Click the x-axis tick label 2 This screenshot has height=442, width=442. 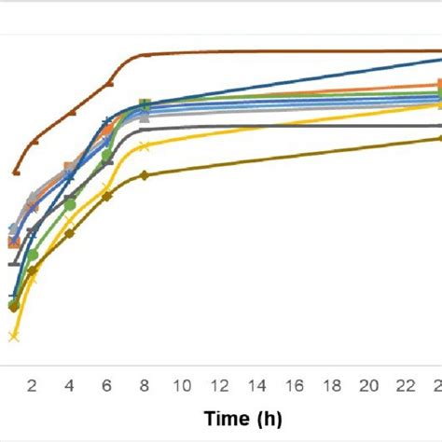[33, 386]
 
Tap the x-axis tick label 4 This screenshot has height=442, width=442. [70, 386]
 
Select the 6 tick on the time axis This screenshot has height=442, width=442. [107, 386]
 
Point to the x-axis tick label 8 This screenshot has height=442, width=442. [145, 386]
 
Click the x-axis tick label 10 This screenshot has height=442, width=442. [182, 386]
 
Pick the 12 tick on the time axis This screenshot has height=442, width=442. [219, 386]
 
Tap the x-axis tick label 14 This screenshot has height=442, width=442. [256, 386]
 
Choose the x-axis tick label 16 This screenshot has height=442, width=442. [294, 386]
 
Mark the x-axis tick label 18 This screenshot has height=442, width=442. [331, 386]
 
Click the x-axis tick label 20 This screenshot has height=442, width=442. [368, 386]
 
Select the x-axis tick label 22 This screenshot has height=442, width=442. [406, 386]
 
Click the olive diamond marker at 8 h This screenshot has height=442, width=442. [144, 175]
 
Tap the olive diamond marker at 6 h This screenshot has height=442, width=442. [106, 196]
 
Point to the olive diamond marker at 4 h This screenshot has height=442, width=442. [70, 233]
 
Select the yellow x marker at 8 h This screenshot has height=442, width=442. [144, 145]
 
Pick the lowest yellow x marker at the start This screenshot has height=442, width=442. [13, 336]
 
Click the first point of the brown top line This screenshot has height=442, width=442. [16, 173]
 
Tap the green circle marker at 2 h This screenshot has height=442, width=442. [33, 255]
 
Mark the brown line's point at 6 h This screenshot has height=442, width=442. [109, 84]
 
